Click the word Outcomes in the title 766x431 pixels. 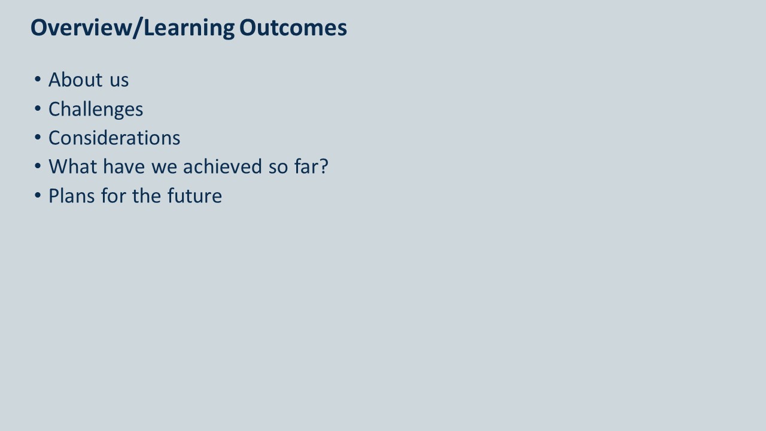pos(293,28)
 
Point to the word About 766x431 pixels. pos(75,80)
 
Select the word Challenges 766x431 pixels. pos(96,110)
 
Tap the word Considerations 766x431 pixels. pos(114,138)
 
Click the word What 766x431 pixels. pos(73,166)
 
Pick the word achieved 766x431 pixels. pos(223,166)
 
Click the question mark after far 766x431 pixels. pos(323,166)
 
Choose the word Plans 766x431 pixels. pos(72,196)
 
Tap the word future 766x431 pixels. pos(194,196)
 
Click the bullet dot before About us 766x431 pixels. pos(38,80)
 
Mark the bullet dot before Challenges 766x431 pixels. pos(38,109)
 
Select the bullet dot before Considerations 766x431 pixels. pos(38,138)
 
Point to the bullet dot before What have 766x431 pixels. pos(38,166)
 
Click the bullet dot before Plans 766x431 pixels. pos(38,196)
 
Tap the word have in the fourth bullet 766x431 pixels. pos(124,166)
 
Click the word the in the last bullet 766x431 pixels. pos(147,196)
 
